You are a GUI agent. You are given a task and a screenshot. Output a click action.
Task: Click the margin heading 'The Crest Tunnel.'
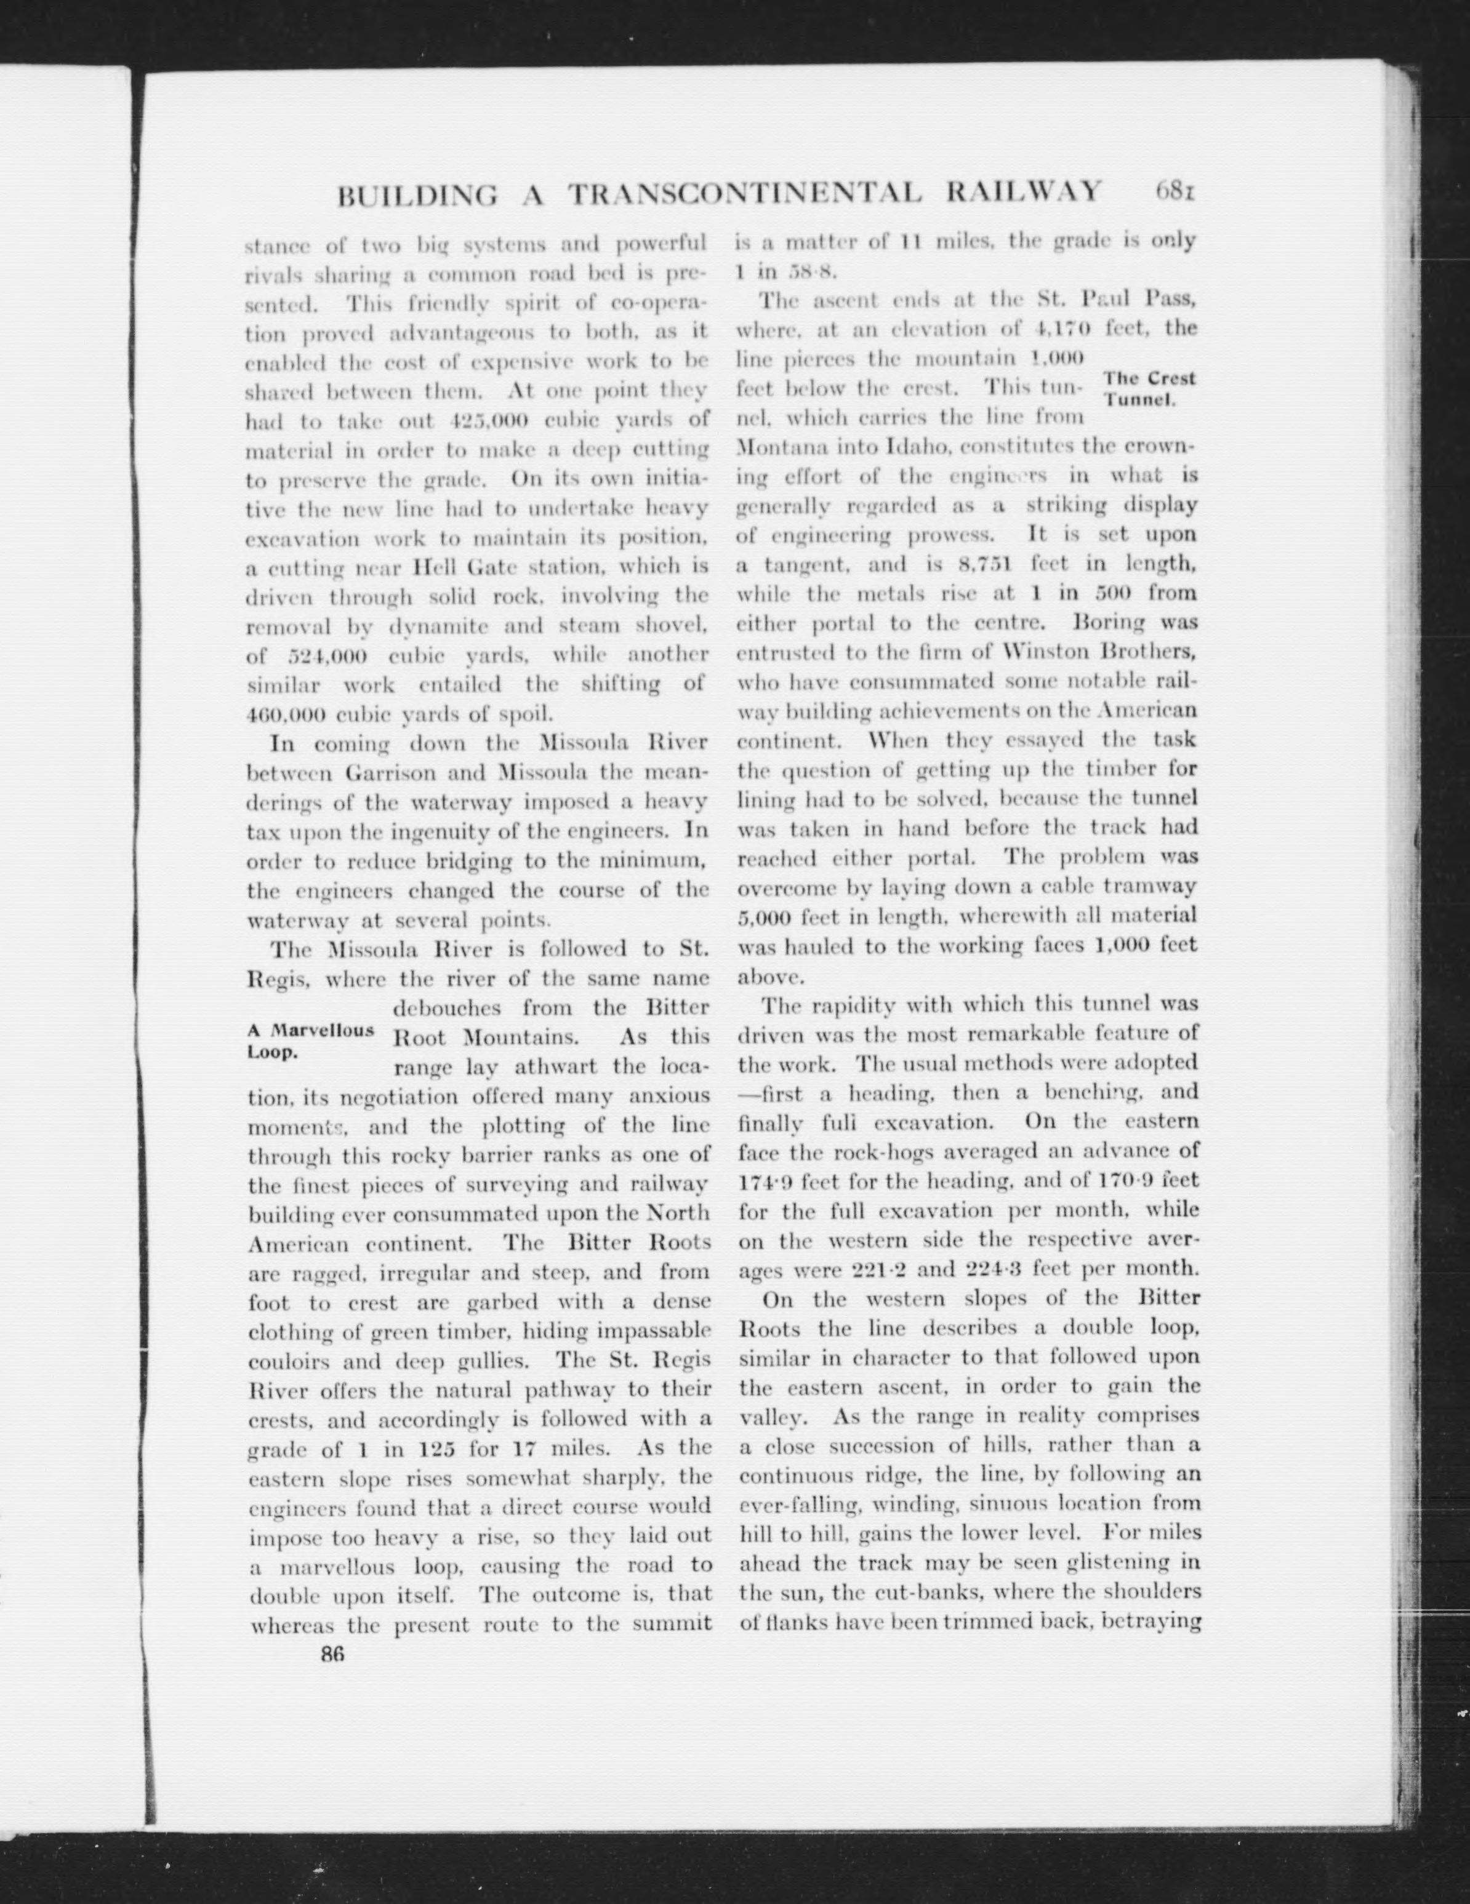(x=1149, y=388)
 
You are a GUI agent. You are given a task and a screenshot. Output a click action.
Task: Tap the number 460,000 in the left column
(x=287, y=714)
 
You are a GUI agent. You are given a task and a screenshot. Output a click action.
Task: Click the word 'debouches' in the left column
(x=449, y=1009)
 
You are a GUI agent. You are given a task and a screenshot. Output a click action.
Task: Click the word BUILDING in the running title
(x=417, y=194)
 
